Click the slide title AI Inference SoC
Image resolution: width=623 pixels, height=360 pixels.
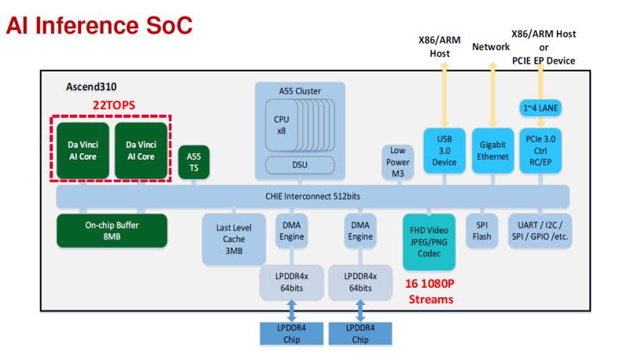[99, 25]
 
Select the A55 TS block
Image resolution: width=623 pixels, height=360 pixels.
[194, 162]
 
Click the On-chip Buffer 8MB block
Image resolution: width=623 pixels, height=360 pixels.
[112, 230]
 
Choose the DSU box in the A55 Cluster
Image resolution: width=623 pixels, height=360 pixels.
[299, 165]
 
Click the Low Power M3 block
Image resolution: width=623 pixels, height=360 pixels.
[396, 162]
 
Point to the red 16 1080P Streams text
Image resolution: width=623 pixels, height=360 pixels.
[430, 292]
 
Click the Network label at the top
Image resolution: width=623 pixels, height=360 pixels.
[491, 47]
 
